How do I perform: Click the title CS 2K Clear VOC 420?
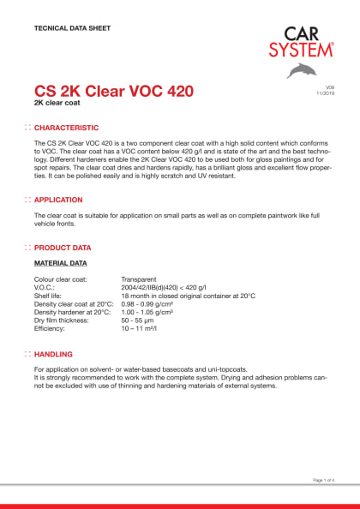tap(113, 91)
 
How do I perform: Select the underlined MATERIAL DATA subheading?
tap(60, 263)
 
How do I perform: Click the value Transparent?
tap(141, 279)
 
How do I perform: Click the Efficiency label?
tap(51, 328)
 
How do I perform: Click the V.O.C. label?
tap(47, 288)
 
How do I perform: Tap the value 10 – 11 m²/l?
tap(144, 328)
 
